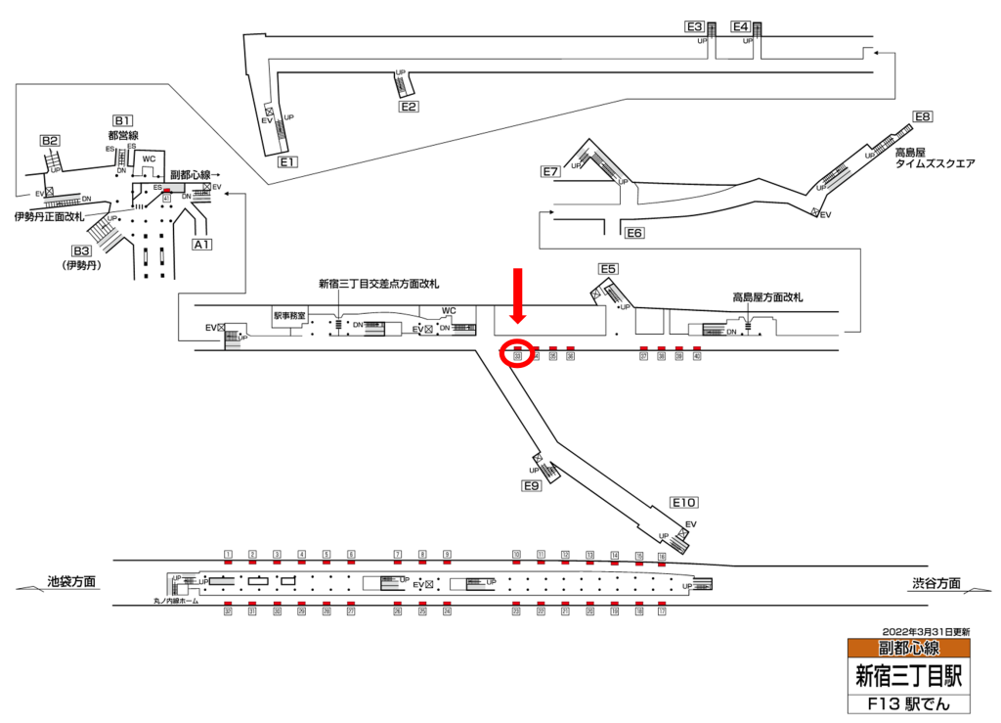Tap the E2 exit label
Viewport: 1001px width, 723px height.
coord(409,107)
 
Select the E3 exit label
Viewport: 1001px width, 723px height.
coord(694,26)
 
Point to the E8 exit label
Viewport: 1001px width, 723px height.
coord(923,117)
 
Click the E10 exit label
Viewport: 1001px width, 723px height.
coord(684,502)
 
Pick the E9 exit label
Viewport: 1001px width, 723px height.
coord(532,485)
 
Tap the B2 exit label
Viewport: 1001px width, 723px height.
coord(50,141)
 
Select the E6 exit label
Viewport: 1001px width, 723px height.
coord(635,233)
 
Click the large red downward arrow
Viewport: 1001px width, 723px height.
coord(518,296)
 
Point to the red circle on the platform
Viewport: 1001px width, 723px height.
coord(517,353)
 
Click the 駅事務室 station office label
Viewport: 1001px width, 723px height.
coord(290,316)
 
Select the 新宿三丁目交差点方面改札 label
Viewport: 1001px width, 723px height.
coord(378,284)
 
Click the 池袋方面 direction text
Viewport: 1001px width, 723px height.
coord(71,582)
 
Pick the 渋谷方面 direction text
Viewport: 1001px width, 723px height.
coord(936,583)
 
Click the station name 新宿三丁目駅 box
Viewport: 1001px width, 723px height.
coord(909,675)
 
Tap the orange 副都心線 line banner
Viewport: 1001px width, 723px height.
coord(909,648)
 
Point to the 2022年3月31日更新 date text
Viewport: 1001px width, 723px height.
coord(926,631)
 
